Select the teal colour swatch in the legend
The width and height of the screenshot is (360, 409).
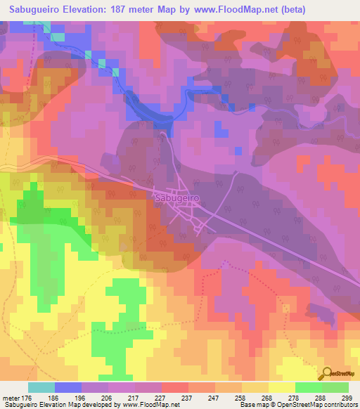coord(41,387)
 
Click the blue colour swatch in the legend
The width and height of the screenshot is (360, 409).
coord(68,387)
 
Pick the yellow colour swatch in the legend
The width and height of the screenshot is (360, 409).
coord(281,387)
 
